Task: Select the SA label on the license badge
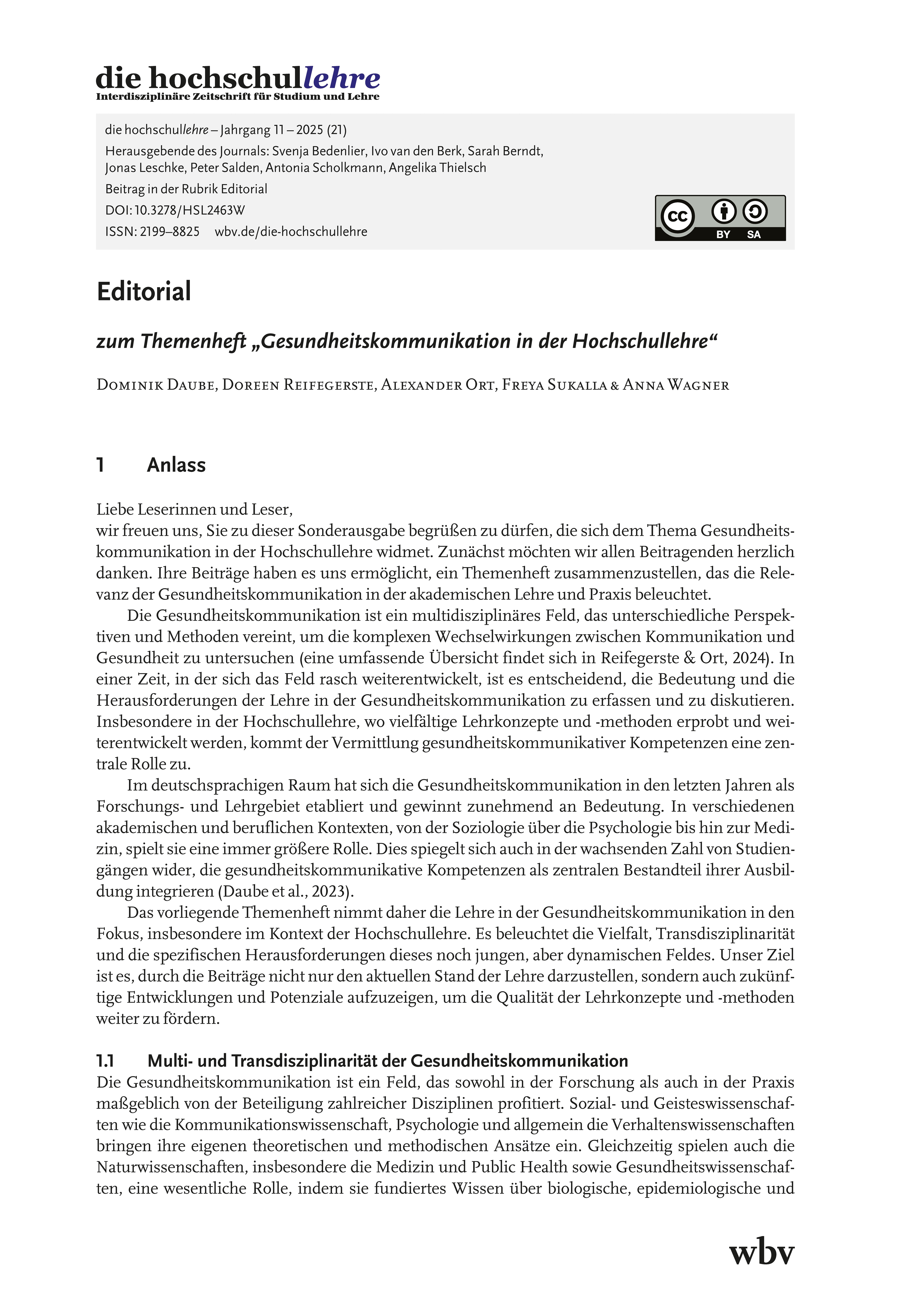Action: coord(754,234)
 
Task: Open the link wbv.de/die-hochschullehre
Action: coord(291,232)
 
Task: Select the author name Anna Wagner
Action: coord(676,385)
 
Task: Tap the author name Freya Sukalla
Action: coord(554,385)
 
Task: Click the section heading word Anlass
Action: coord(176,465)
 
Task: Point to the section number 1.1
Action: coord(106,1061)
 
